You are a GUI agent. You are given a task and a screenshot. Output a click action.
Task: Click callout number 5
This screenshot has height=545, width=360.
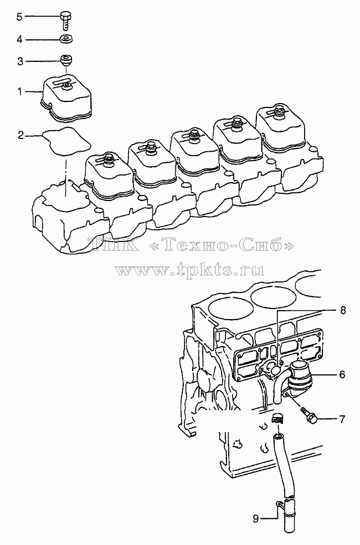coord(19,17)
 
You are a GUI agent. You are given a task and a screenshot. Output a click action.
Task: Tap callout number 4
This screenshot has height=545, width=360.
coord(19,40)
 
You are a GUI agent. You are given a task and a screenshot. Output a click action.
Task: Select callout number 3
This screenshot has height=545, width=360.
coord(20,61)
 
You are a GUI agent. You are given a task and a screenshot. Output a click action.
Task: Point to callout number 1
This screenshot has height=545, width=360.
coord(20,91)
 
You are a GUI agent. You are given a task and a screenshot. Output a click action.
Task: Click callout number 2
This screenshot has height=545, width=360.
coord(21,135)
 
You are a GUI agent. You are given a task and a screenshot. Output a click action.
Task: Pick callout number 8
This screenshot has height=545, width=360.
coord(343,310)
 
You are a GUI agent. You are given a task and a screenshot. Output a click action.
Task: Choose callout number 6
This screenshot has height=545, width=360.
coord(342,374)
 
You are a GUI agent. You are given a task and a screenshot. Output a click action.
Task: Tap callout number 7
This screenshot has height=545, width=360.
coord(342,419)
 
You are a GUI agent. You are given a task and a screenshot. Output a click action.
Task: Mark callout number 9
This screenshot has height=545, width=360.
coord(256,519)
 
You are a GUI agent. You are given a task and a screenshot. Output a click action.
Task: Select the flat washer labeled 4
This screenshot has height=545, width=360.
coord(66,39)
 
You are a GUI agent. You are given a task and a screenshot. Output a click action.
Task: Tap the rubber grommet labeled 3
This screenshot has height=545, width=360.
coord(66,60)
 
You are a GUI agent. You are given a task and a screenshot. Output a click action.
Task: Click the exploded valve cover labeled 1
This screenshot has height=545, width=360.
coord(66,99)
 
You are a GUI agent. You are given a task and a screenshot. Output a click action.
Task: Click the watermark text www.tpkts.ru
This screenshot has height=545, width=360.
coord(190,269)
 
